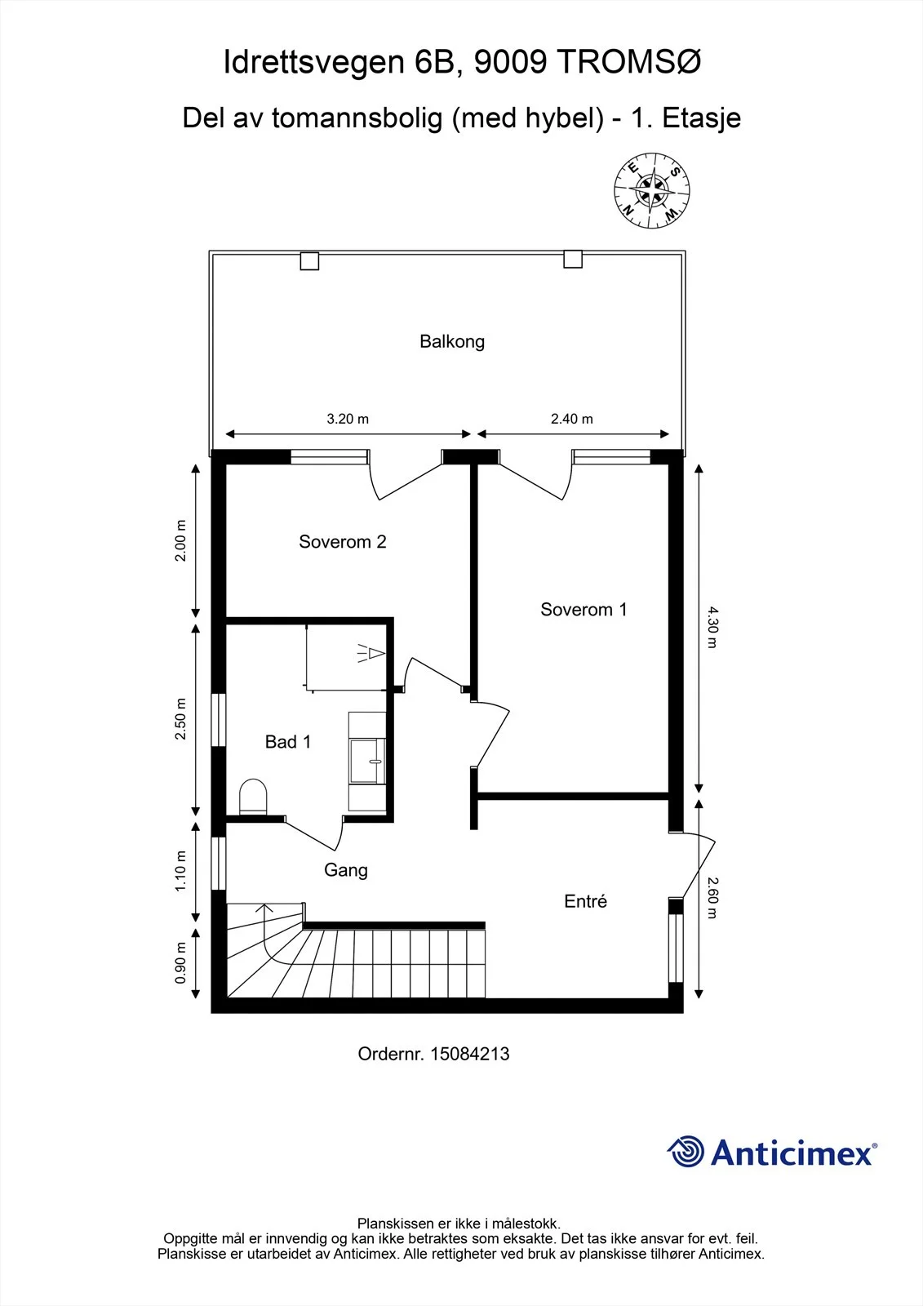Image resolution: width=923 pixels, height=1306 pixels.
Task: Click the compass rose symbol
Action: [652, 190]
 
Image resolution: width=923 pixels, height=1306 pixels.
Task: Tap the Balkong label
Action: [452, 342]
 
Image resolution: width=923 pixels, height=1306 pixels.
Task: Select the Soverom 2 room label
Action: [342, 542]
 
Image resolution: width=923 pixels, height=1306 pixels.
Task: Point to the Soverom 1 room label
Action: [584, 609]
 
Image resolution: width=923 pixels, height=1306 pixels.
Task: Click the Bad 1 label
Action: [287, 742]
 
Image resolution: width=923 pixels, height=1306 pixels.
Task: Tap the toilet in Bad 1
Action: [253, 797]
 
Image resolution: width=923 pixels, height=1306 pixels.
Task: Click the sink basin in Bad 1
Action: [366, 761]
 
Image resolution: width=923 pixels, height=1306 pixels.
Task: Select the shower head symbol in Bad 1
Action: [371, 653]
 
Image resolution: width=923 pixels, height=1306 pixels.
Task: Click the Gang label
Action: [346, 870]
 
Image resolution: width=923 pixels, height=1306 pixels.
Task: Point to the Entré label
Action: [585, 901]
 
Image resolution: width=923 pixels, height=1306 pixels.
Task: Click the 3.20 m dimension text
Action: [348, 419]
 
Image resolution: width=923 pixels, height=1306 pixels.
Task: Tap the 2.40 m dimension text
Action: [572, 419]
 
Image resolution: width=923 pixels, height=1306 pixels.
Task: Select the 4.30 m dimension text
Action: [712, 628]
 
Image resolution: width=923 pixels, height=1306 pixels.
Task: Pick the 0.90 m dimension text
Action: [180, 962]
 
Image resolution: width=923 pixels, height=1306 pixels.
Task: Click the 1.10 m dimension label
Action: [180, 871]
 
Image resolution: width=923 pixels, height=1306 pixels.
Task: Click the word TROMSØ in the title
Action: [629, 62]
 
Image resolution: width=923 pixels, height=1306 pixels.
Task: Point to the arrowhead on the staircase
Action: [264, 908]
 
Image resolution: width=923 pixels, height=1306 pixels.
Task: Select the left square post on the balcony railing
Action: [309, 260]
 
